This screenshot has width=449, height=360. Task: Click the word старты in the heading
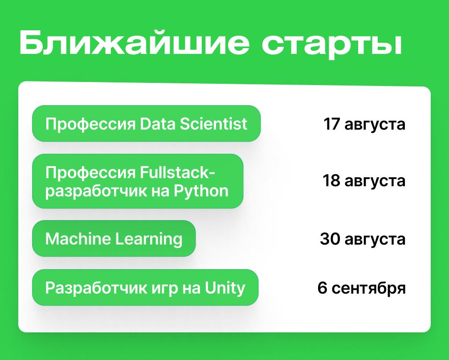coord(332,45)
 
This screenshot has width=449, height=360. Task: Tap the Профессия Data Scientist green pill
coord(146,123)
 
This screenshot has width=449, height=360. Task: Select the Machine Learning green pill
coord(114,238)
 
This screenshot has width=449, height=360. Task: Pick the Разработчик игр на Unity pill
coord(145,287)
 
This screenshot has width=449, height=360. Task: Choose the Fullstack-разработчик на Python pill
coord(138,181)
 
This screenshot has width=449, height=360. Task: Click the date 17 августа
coord(364,124)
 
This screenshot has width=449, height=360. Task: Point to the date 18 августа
coord(364,181)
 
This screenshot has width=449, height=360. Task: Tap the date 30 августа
coord(363,239)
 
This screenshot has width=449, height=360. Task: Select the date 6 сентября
coord(362,288)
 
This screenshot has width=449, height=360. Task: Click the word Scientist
coord(214,124)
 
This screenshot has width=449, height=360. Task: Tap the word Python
coord(201,190)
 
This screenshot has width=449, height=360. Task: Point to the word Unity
coord(225,288)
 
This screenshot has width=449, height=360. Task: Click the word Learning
coord(149,239)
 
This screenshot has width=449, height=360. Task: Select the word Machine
coord(78,238)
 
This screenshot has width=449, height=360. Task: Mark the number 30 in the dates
coord(330,238)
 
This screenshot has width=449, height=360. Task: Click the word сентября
coord(369,289)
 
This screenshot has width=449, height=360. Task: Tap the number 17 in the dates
coord(331,124)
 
